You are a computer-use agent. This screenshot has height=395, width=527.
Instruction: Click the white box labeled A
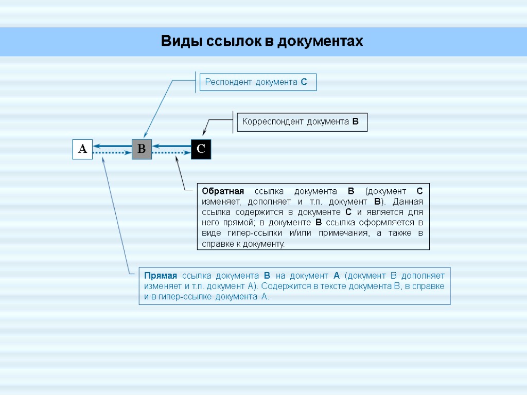(x=82, y=149)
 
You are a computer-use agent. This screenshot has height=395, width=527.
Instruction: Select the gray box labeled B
(x=142, y=149)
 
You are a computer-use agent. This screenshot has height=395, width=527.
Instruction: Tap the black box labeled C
(x=201, y=149)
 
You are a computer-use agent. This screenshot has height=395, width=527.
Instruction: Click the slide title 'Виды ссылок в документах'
(x=262, y=41)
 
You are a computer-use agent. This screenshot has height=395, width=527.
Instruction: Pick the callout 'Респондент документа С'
(x=257, y=82)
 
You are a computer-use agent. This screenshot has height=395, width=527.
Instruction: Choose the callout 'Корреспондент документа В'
(x=301, y=122)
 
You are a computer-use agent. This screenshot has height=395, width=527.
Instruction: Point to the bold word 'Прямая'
(x=161, y=276)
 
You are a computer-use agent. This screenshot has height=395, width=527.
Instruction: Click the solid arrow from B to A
(x=112, y=146)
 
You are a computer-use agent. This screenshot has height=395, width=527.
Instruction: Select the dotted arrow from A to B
(x=112, y=153)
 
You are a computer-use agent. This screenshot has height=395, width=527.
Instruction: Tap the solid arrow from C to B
(x=172, y=146)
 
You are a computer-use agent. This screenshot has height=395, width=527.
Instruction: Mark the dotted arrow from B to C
(x=172, y=153)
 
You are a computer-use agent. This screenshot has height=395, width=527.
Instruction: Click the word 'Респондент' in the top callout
(x=226, y=82)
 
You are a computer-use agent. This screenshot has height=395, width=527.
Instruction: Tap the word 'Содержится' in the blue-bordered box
(x=286, y=286)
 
